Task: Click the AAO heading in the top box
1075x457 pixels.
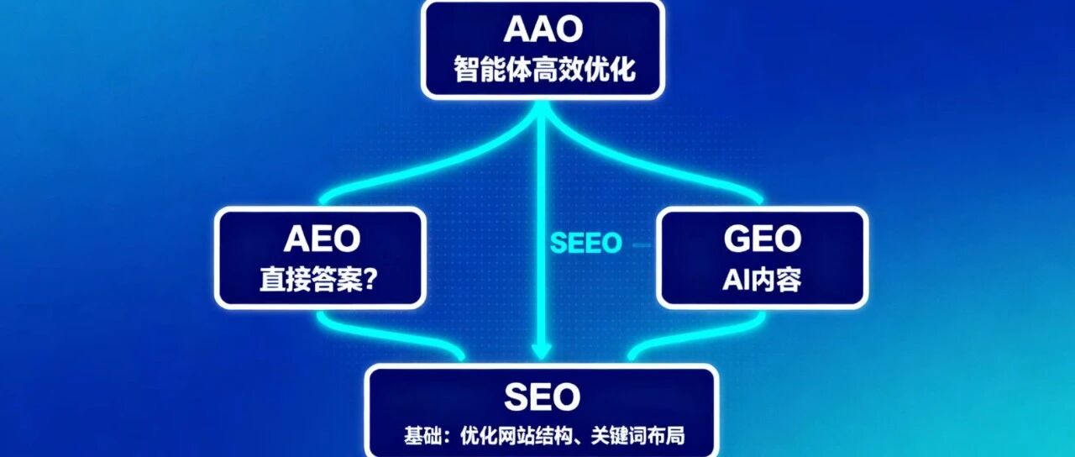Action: pos(543,29)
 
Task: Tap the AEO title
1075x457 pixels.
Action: pos(321,239)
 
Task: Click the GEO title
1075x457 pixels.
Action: pos(762,239)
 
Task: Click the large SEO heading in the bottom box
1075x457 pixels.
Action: pos(542,396)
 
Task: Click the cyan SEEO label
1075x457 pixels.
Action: pos(585,244)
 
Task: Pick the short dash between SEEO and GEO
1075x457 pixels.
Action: pos(642,244)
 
